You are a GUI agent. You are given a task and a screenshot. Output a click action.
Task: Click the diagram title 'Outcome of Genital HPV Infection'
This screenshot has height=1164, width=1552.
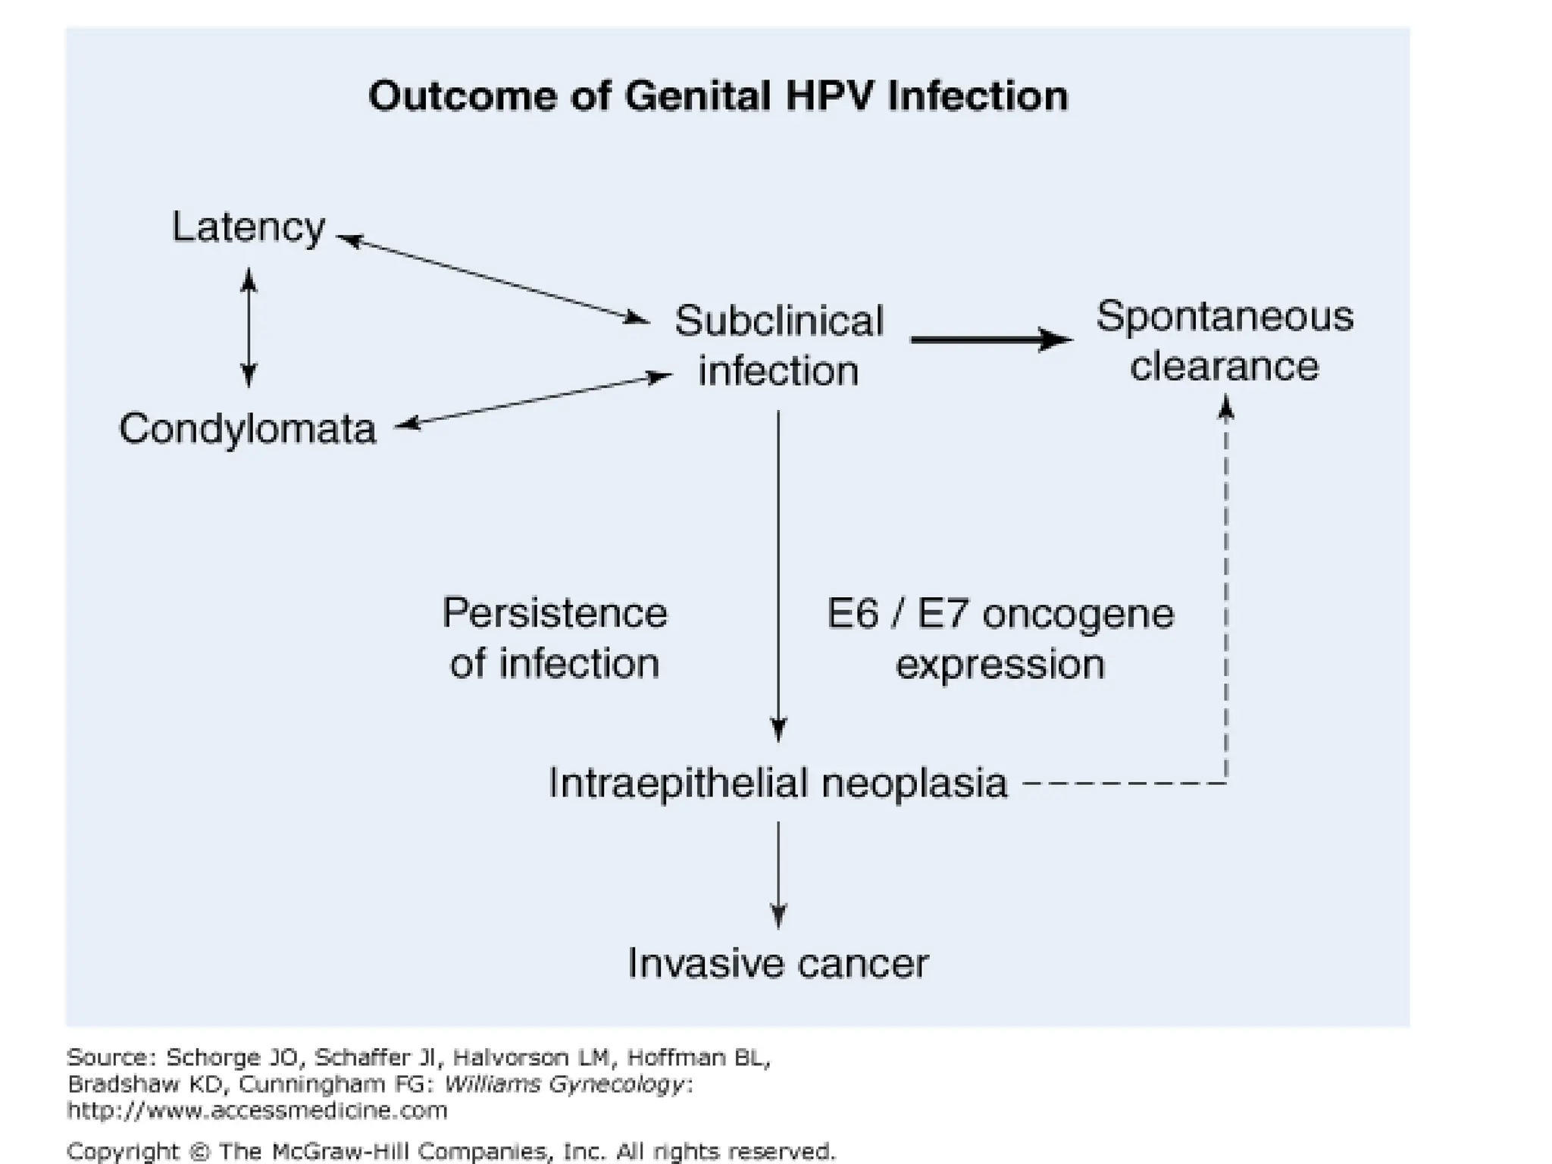click(x=718, y=97)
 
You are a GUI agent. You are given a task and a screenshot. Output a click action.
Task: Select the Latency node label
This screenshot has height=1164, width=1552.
click(x=248, y=227)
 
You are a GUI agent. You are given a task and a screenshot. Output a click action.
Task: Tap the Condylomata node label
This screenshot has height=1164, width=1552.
click(x=248, y=429)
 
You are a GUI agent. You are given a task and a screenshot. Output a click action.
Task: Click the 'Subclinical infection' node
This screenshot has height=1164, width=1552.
click(x=779, y=346)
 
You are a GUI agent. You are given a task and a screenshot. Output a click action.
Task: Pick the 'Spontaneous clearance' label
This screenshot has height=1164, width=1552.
click(x=1224, y=341)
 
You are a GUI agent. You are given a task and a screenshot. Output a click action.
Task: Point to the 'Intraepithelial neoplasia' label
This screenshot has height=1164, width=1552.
click(x=778, y=783)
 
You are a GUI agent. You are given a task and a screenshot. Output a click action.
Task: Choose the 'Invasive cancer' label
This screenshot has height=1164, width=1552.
click(x=778, y=964)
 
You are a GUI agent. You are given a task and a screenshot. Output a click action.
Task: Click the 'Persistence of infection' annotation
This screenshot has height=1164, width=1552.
click(x=555, y=638)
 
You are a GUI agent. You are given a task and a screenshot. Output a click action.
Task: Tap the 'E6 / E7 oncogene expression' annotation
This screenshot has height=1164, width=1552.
click(x=1000, y=639)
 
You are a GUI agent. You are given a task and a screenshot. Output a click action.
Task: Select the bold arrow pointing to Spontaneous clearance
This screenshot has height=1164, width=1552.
click(x=991, y=339)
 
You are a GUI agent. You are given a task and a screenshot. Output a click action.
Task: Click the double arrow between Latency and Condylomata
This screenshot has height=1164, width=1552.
click(x=249, y=327)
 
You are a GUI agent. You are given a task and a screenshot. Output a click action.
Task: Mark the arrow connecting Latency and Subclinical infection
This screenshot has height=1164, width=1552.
click(x=493, y=280)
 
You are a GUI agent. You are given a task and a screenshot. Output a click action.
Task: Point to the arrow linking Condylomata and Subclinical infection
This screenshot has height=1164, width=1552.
click(x=533, y=399)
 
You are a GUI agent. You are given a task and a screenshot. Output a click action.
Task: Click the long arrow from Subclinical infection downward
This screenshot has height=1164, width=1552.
click(x=778, y=576)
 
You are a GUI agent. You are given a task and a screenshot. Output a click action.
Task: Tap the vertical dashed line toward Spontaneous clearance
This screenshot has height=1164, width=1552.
click(x=1226, y=591)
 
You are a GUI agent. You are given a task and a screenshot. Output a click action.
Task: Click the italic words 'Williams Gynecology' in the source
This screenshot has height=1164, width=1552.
click(x=565, y=1084)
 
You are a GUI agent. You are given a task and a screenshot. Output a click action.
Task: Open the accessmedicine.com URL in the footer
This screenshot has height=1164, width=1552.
click(x=257, y=1111)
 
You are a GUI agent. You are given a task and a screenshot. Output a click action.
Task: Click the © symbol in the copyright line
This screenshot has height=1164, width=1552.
click(x=199, y=1152)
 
